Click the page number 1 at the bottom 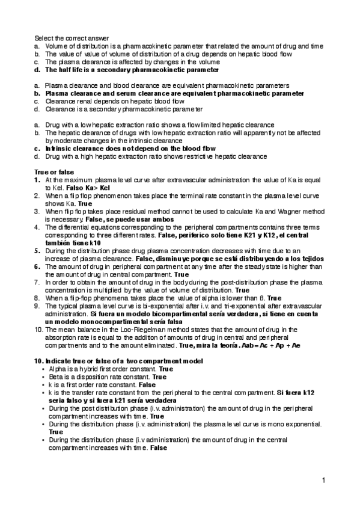point(323,480)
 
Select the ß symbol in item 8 point(261,298)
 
